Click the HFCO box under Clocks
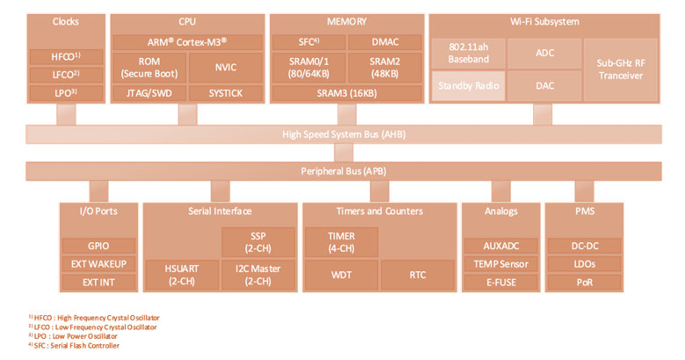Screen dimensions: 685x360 [66, 57]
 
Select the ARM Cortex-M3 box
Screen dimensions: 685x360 [187, 42]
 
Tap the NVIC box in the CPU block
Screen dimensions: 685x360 [226, 68]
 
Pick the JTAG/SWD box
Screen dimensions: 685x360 [149, 93]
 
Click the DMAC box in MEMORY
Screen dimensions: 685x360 [385, 42]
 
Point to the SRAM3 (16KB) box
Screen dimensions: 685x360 [347, 93]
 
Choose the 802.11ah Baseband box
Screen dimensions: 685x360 [468, 54]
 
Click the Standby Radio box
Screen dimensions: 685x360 [468, 86]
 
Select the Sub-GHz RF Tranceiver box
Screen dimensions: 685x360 [621, 70]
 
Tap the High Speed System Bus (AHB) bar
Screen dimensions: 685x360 [343, 134]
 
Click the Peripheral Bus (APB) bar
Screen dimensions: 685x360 [343, 171]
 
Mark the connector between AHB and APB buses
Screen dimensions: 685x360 [343, 153]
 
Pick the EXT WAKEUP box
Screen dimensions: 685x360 [98, 264]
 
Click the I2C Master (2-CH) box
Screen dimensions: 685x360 [258, 275]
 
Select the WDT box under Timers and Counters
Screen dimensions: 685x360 [342, 275]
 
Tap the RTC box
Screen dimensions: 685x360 [418, 275]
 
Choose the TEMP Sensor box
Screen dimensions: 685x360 [501, 264]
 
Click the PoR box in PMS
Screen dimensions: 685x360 [585, 283]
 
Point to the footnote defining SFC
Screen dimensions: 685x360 [74, 346]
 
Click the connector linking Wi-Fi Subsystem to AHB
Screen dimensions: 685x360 [543, 114]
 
